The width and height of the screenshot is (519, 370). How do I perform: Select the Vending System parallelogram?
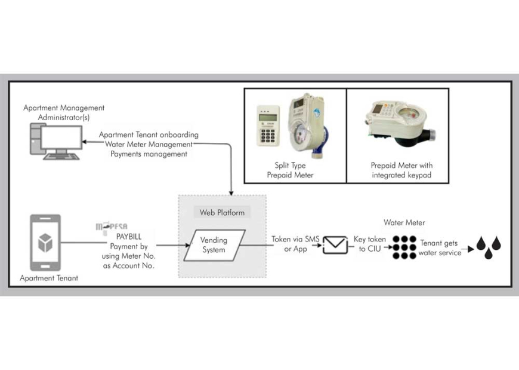pos(214,245)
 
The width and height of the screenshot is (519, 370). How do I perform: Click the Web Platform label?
pos(221,212)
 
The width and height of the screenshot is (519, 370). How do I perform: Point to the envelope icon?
pos(336,245)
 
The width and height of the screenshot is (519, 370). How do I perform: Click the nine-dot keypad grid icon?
pos(404,247)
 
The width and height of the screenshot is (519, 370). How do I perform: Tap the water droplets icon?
pos(488,247)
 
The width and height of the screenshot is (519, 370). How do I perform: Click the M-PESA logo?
pos(112,227)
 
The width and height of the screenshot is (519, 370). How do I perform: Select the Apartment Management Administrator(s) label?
pos(63,112)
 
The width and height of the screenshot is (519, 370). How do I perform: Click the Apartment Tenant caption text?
pos(49,278)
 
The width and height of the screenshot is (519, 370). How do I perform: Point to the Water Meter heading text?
pos(404,222)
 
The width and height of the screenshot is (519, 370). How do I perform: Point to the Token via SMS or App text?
pos(296,244)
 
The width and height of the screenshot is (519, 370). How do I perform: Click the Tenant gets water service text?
pos(441,248)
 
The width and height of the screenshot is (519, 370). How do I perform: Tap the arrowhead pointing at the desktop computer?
pos(85,142)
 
